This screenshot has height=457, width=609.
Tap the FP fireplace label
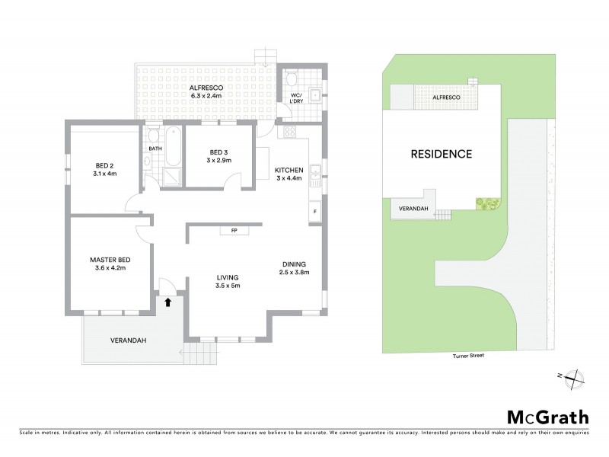[226, 230]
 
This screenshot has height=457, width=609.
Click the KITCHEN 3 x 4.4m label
[289, 174]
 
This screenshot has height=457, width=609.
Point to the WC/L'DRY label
[296, 98]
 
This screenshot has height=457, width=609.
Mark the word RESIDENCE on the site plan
[442, 154]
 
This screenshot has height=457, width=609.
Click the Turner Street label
[467, 356]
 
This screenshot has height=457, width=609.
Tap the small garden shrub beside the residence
[484, 203]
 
